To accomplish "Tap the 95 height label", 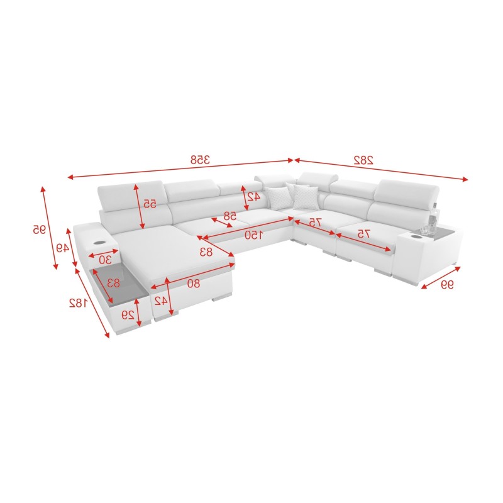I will coord(39,229).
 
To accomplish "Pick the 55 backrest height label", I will coord(149,204).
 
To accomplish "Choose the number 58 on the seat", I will coord(231,215).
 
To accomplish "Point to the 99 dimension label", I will coord(446,285).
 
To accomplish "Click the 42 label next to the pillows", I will coord(254,196).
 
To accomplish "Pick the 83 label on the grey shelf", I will coord(113,283).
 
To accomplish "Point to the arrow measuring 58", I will coord(224,221).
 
